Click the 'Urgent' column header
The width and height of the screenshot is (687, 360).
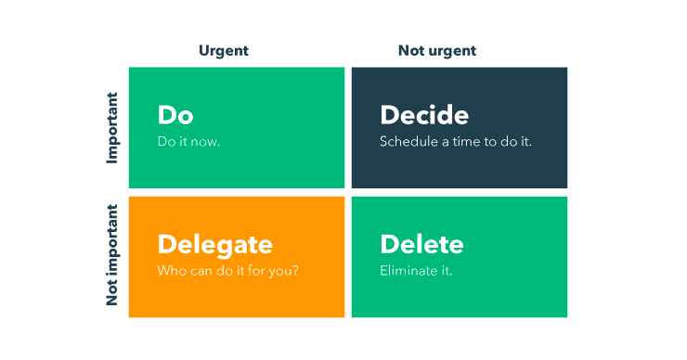pyautogui.click(x=224, y=51)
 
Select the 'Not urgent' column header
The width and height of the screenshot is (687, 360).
pyautogui.click(x=437, y=51)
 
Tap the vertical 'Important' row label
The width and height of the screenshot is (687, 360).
pyautogui.click(x=112, y=128)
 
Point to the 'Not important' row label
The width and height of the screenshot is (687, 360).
pyautogui.click(x=112, y=255)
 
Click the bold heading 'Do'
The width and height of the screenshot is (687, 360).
pyautogui.click(x=175, y=115)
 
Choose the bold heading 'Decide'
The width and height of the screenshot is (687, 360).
pyautogui.click(x=424, y=115)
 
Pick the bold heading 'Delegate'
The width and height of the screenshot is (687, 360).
pyautogui.click(x=214, y=245)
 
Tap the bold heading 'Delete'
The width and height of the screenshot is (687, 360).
pyautogui.click(x=421, y=244)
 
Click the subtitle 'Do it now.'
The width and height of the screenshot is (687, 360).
pyautogui.click(x=188, y=141)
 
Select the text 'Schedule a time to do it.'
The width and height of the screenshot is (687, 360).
pyautogui.click(x=456, y=141)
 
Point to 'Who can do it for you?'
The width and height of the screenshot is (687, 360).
pyautogui.click(x=227, y=271)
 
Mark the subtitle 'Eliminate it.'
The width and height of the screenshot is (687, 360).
pyautogui.click(x=416, y=271)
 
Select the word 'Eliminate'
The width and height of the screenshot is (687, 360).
pyautogui.click(x=409, y=271)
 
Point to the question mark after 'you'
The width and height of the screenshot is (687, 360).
pyautogui.click(x=295, y=271)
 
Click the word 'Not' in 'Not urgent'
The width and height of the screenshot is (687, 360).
pyautogui.click(x=408, y=51)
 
